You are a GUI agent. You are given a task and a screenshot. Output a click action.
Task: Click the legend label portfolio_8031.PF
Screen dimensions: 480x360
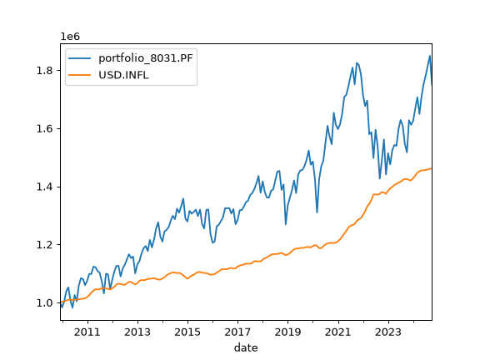(146, 57)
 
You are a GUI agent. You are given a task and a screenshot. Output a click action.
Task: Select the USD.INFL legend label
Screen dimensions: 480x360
(123, 75)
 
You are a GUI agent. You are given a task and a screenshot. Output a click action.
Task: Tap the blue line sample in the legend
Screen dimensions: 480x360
(80, 58)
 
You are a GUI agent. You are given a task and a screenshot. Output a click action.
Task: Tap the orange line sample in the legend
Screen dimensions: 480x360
(80, 75)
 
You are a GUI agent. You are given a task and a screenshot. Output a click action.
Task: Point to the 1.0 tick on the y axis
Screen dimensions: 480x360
(45, 303)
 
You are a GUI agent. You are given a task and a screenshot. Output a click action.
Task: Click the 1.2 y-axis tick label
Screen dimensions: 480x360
(45, 245)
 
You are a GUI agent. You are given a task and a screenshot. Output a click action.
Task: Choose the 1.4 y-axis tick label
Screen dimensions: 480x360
(45, 187)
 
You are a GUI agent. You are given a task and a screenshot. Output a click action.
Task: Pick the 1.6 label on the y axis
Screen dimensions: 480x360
(45, 128)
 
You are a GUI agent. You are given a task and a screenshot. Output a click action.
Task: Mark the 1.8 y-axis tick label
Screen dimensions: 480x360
(45, 71)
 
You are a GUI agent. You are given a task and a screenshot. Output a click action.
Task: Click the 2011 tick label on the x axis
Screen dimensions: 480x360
(87, 332)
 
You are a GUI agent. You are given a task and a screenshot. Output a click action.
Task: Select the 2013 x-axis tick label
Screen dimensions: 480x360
(137, 332)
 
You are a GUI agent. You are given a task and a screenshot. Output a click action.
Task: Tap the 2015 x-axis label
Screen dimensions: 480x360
(187, 332)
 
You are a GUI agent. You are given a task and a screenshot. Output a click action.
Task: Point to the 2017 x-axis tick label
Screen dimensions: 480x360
(237, 332)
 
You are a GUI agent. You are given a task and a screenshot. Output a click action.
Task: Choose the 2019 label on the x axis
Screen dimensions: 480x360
(287, 332)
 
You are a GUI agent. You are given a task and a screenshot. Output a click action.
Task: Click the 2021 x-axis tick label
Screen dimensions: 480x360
(338, 332)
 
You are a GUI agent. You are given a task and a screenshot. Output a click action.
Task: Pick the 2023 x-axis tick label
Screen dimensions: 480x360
(388, 332)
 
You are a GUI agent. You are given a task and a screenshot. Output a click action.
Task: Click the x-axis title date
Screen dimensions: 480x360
(246, 347)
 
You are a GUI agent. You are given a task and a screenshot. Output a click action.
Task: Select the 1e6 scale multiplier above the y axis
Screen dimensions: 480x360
(70, 37)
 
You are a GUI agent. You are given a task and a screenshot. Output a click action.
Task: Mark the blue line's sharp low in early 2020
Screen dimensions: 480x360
(317, 212)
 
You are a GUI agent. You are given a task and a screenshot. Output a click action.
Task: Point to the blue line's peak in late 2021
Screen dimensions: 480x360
(357, 62)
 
